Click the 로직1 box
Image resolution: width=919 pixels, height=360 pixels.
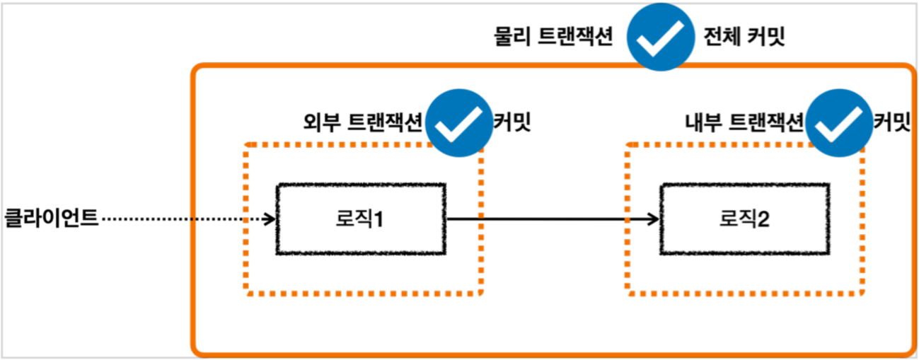click(x=361, y=219)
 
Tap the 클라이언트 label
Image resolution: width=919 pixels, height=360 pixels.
click(x=51, y=217)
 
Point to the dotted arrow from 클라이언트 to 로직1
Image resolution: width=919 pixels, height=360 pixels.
click(x=184, y=219)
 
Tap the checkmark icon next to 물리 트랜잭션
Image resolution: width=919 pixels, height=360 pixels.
click(x=659, y=37)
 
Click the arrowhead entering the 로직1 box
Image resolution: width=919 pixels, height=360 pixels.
click(x=270, y=219)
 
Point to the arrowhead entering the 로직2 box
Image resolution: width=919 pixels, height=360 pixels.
click(x=654, y=219)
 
